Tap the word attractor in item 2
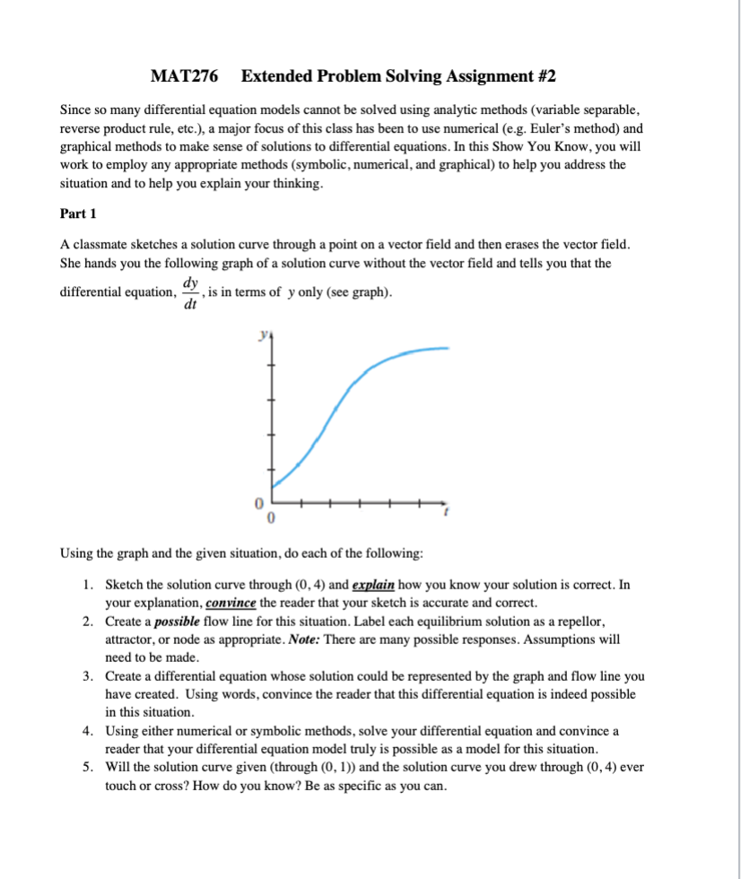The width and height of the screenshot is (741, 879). pyautogui.click(x=135, y=639)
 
